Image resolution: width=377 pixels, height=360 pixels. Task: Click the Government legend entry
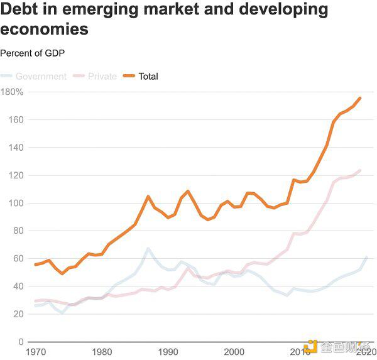pos(41,77)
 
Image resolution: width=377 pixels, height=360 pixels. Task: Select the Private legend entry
pos(102,77)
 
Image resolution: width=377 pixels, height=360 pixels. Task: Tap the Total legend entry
pos(148,77)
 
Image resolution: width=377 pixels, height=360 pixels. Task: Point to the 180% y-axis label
pos(12,92)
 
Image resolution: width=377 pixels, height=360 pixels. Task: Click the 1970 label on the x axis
pos(36,352)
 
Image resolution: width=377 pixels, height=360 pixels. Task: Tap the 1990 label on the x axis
pos(168,352)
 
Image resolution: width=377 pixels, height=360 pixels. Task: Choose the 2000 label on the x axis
pos(234,352)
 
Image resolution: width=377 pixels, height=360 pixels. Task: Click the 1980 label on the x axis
pos(102,352)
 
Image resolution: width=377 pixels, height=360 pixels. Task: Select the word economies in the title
pos(44,30)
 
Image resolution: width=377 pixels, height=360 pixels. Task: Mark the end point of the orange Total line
pos(359,98)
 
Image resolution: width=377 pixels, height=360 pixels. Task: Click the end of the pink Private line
pos(359,170)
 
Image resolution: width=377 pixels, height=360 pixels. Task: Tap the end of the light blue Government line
pos(366,257)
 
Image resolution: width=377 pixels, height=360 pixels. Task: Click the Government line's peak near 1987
pos(148,248)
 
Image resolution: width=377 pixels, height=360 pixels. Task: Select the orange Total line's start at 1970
pos(35,265)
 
